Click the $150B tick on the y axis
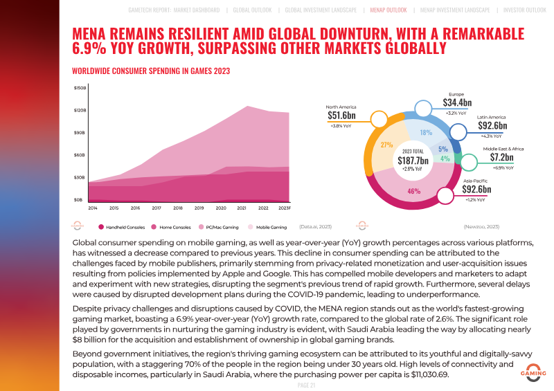pyautogui.click(x=80, y=88)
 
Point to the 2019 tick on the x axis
pyautogui.click(x=199, y=208)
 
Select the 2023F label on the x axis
pyautogui.click(x=285, y=208)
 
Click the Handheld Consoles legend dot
pyautogui.click(x=101, y=227)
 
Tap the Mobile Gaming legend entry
pyautogui.click(x=267, y=227)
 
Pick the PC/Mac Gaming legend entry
pyautogui.click(x=218, y=227)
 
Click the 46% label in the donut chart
pyautogui.click(x=413, y=191)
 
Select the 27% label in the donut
pyautogui.click(x=387, y=145)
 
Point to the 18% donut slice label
pyautogui.click(x=426, y=132)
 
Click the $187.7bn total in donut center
pyautogui.click(x=413, y=161)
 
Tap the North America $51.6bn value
pyautogui.click(x=341, y=116)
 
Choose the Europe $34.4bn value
pyautogui.click(x=457, y=102)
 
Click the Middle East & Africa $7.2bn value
pyautogui.click(x=501, y=157)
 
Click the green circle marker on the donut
pyautogui.click(x=469, y=163)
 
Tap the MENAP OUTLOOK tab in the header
pyautogui.click(x=388, y=10)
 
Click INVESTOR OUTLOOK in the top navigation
pyautogui.click(x=525, y=10)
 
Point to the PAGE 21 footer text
pyautogui.click(x=306, y=385)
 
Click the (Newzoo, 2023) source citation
pyautogui.click(x=481, y=227)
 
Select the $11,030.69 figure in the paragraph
pyautogui.click(x=429, y=374)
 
